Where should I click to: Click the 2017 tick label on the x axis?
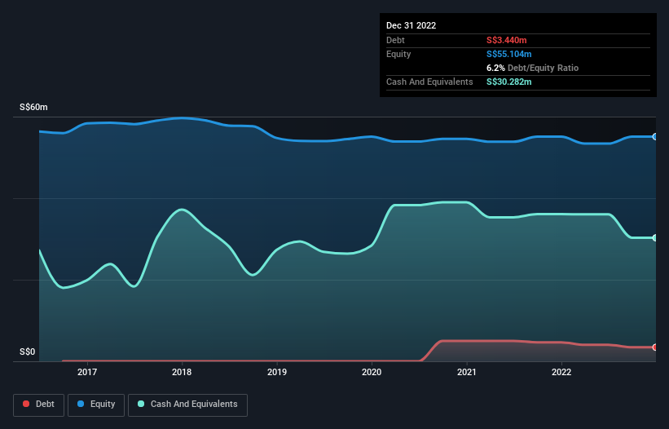coord(87,372)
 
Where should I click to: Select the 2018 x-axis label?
coord(182,372)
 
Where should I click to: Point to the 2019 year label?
coord(277,372)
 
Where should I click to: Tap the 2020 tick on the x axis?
coord(372,372)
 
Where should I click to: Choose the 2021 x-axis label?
coord(467,372)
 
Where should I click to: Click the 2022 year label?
coord(561,372)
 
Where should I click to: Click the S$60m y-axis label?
coord(33,108)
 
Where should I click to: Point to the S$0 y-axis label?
coord(28,352)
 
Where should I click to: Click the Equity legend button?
coord(96,404)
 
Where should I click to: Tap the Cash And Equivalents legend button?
coord(187,404)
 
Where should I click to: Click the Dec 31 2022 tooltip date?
coord(412,25)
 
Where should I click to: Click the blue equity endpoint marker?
coord(654,136)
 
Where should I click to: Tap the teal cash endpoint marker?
coord(654,237)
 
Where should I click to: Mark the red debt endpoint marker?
coord(654,347)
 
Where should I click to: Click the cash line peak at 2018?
coord(182,210)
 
